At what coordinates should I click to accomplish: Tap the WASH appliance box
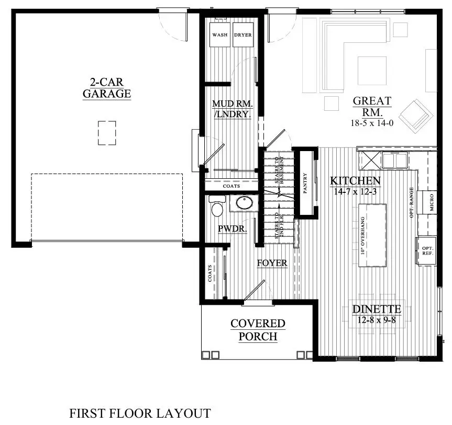tap(220, 35)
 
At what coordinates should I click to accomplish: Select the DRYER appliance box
tap(242, 35)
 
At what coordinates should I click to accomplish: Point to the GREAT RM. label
tap(372, 106)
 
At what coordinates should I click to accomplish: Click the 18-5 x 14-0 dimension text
tap(372, 123)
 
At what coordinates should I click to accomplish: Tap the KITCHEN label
tap(355, 181)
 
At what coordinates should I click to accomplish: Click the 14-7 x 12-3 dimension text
tap(355, 191)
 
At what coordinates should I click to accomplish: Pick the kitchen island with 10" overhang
tap(372, 235)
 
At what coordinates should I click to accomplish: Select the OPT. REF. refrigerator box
tap(427, 250)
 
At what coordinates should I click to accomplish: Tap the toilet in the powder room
tap(217, 208)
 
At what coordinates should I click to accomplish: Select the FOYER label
tap(272, 263)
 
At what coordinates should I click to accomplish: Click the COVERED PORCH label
tap(258, 330)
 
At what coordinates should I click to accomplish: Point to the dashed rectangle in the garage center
tap(106, 132)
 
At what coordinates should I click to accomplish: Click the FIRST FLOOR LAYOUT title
tap(140, 413)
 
